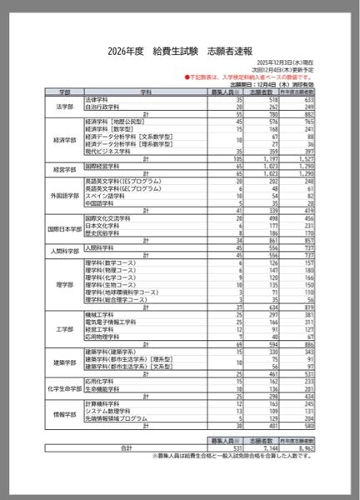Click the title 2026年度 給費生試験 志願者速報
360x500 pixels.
pyautogui.click(x=180, y=50)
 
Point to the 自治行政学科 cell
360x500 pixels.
pyautogui.click(x=104, y=107)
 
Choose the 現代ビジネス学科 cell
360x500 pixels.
pyautogui.click(x=109, y=152)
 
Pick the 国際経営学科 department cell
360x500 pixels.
pyautogui.click(x=104, y=166)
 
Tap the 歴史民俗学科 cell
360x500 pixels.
pyautogui.click(x=104, y=234)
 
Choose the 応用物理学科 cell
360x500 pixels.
pyautogui.click(x=104, y=336)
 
